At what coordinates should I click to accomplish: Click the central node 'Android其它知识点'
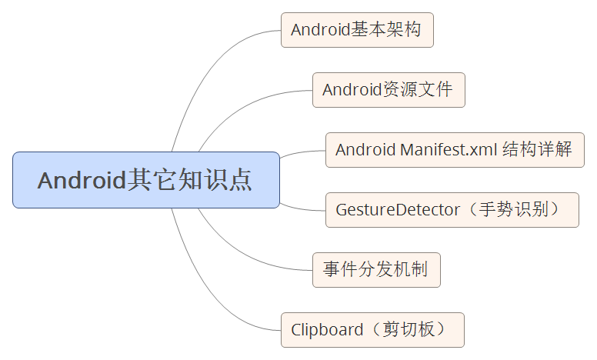tap(145, 180)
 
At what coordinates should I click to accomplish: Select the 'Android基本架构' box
tap(356, 30)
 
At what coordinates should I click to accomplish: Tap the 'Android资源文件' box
tap(389, 90)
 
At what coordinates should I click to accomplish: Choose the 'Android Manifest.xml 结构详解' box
tap(455, 150)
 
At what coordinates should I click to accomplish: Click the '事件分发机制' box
tap(376, 270)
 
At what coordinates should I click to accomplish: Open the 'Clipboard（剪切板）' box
tap(372, 330)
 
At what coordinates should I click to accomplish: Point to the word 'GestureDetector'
tap(397, 210)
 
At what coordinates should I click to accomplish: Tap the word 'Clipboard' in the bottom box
tap(326, 330)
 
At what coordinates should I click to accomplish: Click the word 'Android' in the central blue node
tap(82, 181)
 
